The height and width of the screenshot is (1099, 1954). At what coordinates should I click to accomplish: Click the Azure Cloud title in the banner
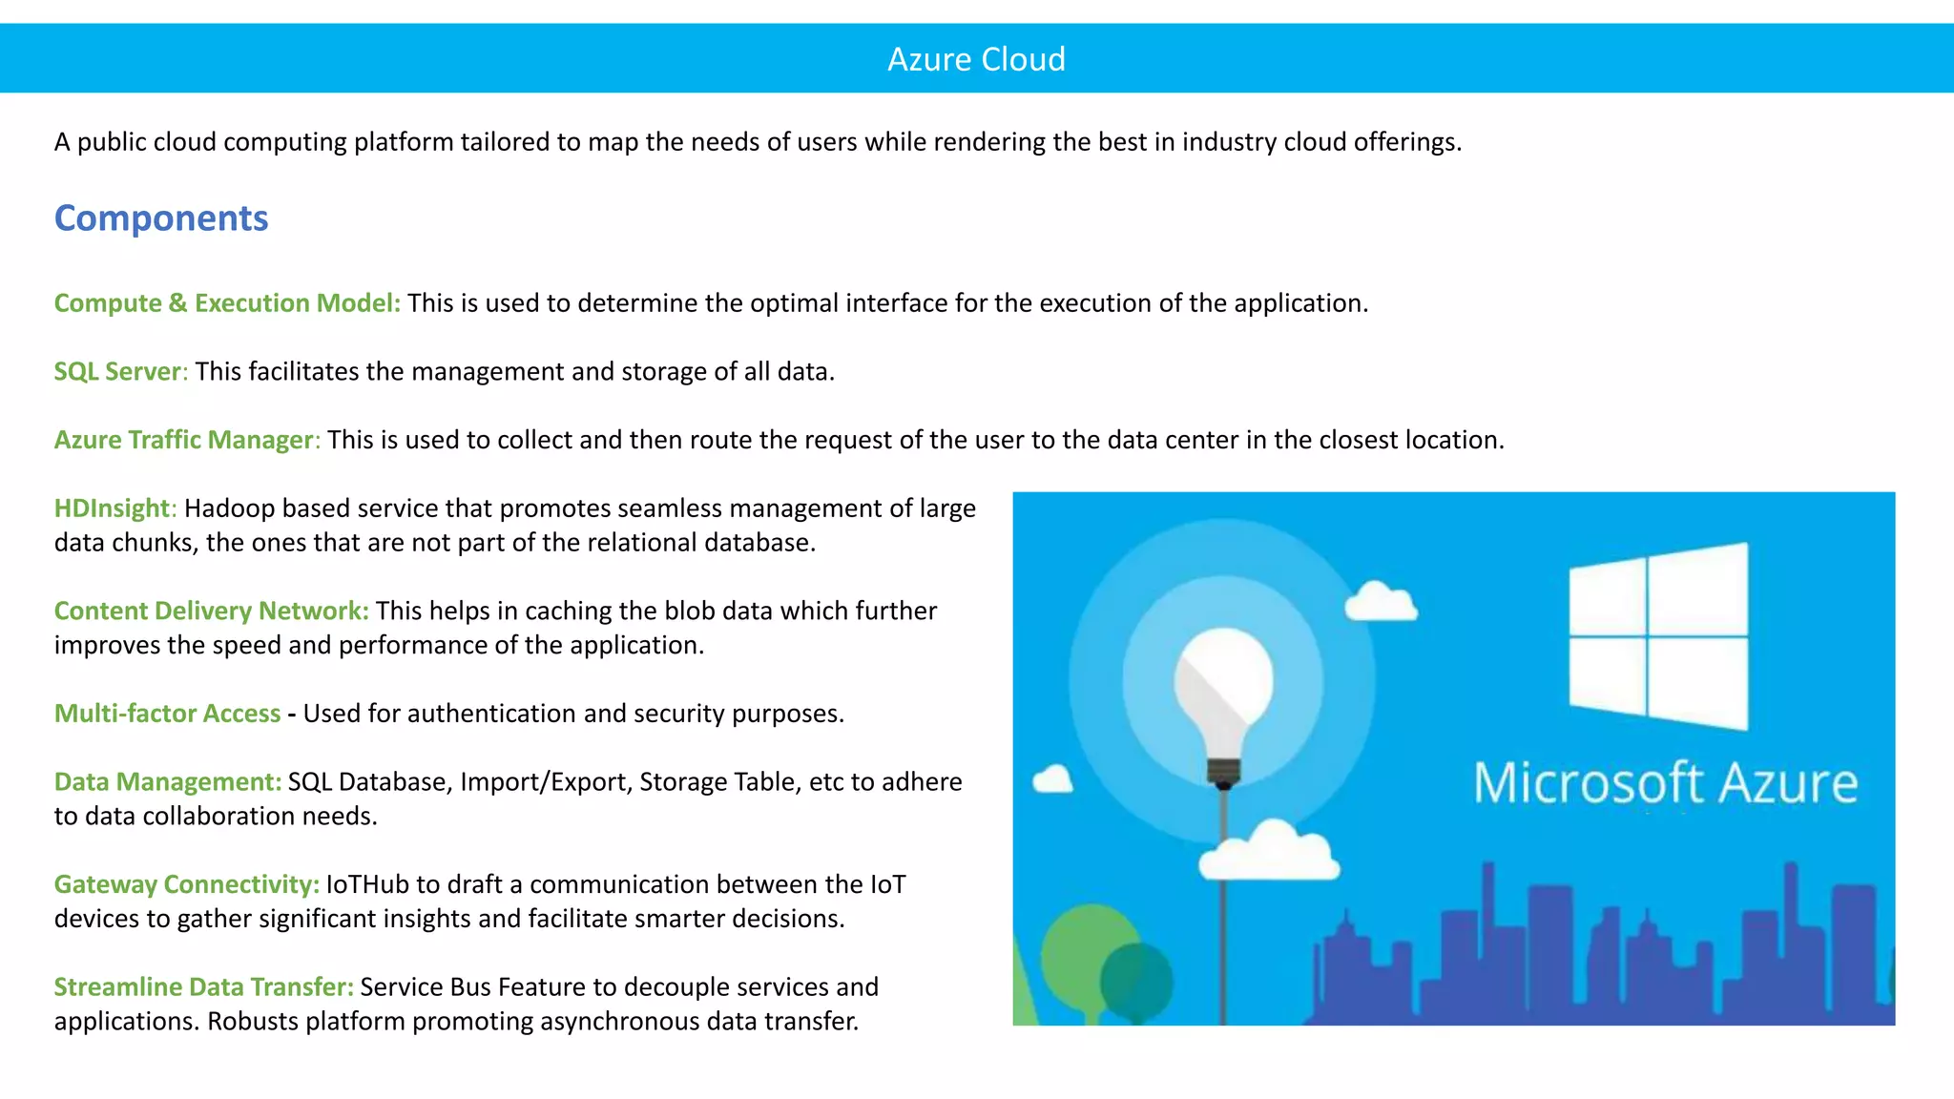[976, 59]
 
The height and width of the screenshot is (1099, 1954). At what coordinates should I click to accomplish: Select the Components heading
[161, 218]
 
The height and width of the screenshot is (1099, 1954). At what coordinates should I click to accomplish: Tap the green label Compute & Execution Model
[227, 303]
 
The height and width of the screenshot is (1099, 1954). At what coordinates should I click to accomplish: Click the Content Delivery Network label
[211, 611]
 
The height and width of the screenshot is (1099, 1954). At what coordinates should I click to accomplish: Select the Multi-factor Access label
[167, 714]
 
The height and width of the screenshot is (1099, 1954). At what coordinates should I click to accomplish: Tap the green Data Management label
[167, 782]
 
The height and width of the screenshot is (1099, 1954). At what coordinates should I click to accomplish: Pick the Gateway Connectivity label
[186, 884]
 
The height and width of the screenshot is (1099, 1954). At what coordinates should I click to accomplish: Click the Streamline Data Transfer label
[203, 987]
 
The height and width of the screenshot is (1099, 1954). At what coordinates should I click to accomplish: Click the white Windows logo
[1658, 634]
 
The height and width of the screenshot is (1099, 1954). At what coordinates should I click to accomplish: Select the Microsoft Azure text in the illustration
[1665, 784]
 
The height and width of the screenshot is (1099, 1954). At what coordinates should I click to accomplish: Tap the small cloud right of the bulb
[1381, 602]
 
